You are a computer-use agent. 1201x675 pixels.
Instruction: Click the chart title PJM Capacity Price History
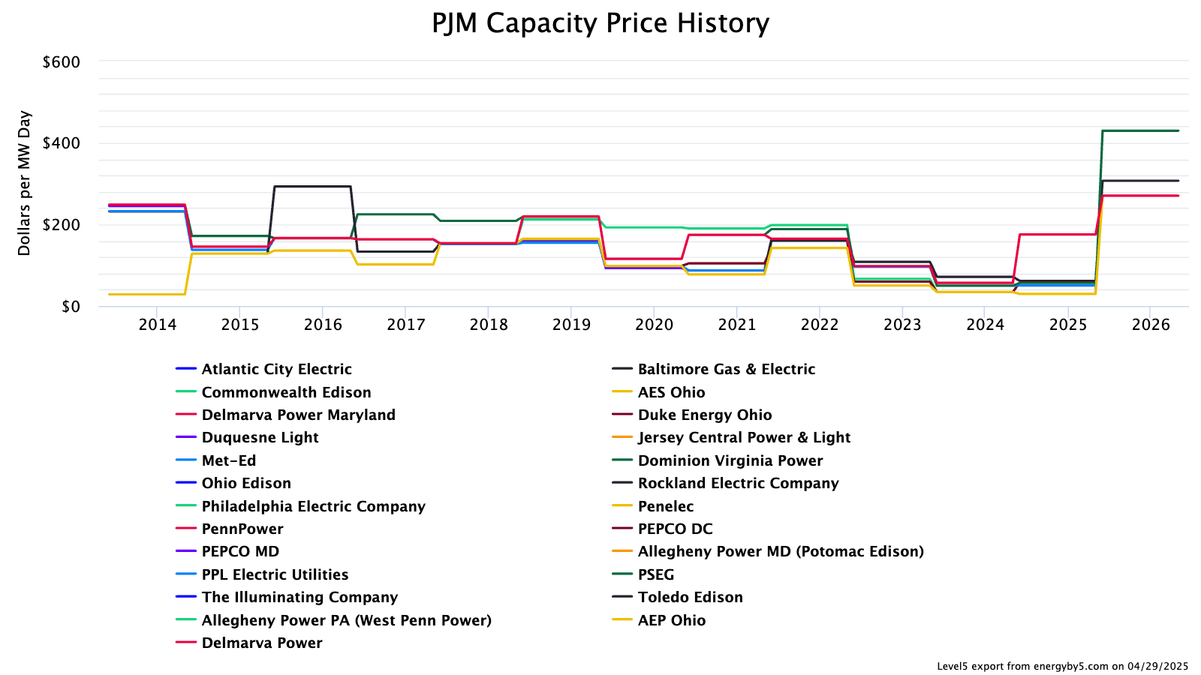(600, 23)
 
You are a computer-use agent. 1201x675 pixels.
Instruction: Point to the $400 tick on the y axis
(61, 143)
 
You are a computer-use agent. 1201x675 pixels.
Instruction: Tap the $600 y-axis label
(61, 62)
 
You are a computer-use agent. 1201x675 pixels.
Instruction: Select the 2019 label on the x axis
(571, 324)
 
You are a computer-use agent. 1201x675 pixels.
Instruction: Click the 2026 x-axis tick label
(1151, 324)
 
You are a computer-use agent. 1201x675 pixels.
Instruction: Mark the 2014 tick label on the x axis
(158, 324)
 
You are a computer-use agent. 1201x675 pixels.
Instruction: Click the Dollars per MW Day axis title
(25, 183)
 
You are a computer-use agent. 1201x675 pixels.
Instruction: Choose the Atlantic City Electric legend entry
(276, 369)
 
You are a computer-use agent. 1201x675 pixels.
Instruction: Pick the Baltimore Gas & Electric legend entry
(726, 369)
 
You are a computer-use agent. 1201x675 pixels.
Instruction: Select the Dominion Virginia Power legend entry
(730, 460)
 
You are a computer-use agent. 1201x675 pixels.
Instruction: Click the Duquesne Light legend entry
(260, 437)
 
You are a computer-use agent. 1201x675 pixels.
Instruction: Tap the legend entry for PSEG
(655, 574)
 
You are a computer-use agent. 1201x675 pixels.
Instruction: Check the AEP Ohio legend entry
(671, 620)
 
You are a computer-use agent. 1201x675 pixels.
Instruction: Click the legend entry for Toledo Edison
(690, 597)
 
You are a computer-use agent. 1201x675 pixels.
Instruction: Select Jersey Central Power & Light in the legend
(744, 437)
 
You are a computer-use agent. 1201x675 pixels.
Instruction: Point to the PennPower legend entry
(242, 529)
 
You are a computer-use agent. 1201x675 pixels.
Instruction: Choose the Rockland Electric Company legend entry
(738, 483)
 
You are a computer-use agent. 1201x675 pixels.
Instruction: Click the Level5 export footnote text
(1062, 666)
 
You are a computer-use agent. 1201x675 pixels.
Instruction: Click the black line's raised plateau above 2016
(312, 186)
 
